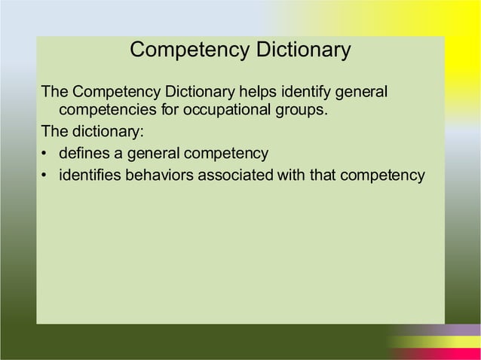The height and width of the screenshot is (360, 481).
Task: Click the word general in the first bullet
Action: pos(154,155)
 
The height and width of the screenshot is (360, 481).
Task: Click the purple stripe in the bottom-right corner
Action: pos(452,330)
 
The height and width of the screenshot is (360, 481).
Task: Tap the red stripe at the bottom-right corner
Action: pos(437,355)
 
